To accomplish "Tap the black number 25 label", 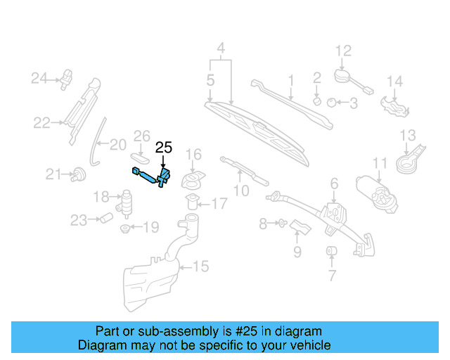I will coord(163,148).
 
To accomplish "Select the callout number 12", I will coord(342,51).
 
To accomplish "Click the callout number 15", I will coord(201,266).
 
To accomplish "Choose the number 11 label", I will coord(380,164).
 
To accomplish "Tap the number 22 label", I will coord(41,123).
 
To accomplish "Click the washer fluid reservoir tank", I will coord(151,278).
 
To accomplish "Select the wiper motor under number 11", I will coord(378,191).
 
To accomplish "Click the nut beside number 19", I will coord(124,228).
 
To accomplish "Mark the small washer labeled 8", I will coord(281,224).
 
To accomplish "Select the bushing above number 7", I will coord(330,252).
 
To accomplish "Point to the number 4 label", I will coord(221,49).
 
